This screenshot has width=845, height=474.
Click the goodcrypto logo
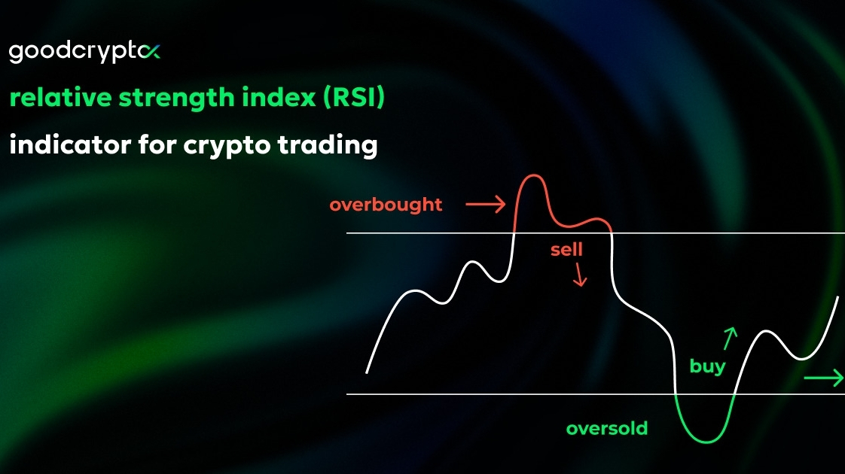coord(84,52)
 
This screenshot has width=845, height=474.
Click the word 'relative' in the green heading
coord(60,98)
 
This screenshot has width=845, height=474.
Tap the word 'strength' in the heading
coord(177,99)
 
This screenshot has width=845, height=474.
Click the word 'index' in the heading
coord(279,98)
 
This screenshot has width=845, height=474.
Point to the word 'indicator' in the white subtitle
coord(70,144)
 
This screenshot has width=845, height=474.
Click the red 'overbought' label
coord(386,205)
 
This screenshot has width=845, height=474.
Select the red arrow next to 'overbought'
coord(486,204)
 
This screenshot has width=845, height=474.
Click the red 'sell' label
coord(566,249)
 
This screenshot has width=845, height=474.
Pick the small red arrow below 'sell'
coord(580,275)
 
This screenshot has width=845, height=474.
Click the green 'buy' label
coord(708,367)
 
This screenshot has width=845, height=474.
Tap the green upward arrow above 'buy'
coord(730,338)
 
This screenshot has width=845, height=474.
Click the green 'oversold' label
coord(607,429)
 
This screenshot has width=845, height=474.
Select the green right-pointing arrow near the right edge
coord(823,378)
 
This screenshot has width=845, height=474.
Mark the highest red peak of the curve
coord(533,175)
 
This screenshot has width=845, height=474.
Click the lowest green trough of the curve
coord(706,442)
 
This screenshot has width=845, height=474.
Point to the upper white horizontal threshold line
coord(596,233)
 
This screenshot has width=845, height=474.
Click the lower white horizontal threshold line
coord(596,394)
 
